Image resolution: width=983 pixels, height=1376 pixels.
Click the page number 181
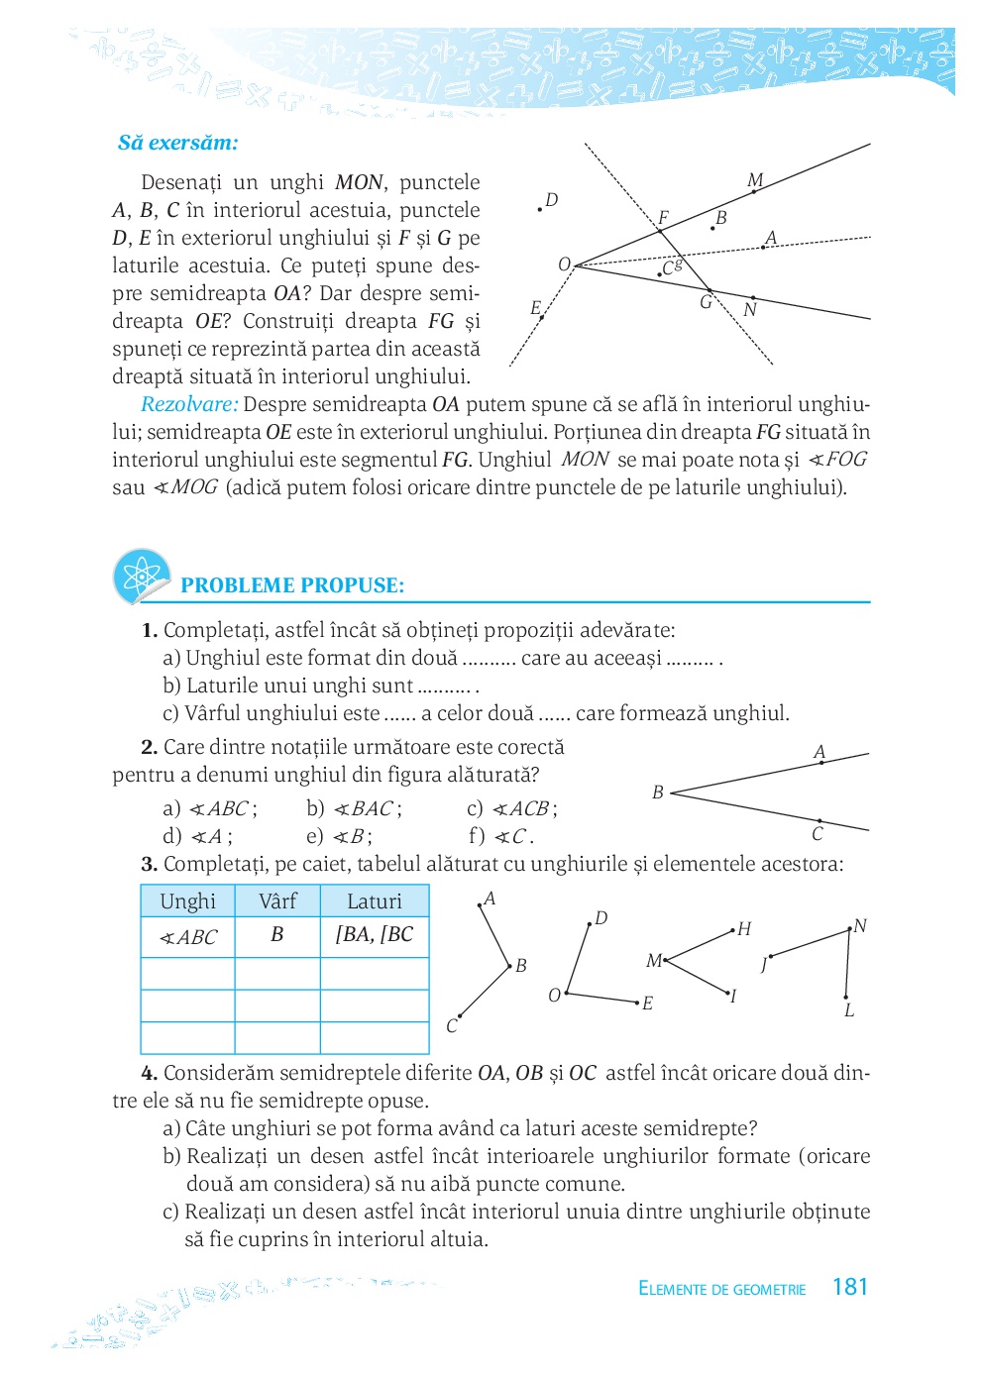tap(849, 1287)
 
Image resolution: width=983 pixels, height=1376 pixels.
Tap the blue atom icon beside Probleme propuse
tap(142, 576)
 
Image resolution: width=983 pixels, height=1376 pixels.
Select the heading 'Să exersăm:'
tap(178, 143)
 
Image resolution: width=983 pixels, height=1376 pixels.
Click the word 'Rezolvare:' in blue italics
tap(189, 404)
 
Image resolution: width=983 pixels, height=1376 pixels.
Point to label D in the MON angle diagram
tap(552, 200)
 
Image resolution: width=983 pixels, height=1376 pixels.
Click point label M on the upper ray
tap(755, 180)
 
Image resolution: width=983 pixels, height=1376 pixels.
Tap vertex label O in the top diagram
tap(564, 265)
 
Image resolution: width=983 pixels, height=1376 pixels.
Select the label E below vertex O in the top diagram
tap(535, 308)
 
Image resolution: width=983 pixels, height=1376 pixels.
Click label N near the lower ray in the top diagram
tap(750, 310)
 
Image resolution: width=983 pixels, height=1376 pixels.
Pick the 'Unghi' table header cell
tap(187, 901)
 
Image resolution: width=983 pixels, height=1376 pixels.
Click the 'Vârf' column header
tap(277, 901)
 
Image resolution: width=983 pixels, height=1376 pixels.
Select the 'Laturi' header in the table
tap(375, 901)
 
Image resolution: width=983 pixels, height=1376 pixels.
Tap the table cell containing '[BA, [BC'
tap(375, 935)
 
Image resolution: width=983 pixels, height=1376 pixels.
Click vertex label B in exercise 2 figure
tap(658, 793)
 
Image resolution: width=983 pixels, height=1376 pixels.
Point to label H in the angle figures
tap(744, 929)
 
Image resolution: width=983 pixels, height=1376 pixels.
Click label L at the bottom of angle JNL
tap(849, 1011)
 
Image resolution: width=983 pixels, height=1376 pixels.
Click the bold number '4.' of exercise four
tap(150, 1073)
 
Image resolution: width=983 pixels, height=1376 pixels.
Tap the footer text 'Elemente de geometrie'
tap(722, 1289)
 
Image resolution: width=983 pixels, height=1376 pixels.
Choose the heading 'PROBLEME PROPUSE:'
tap(292, 585)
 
